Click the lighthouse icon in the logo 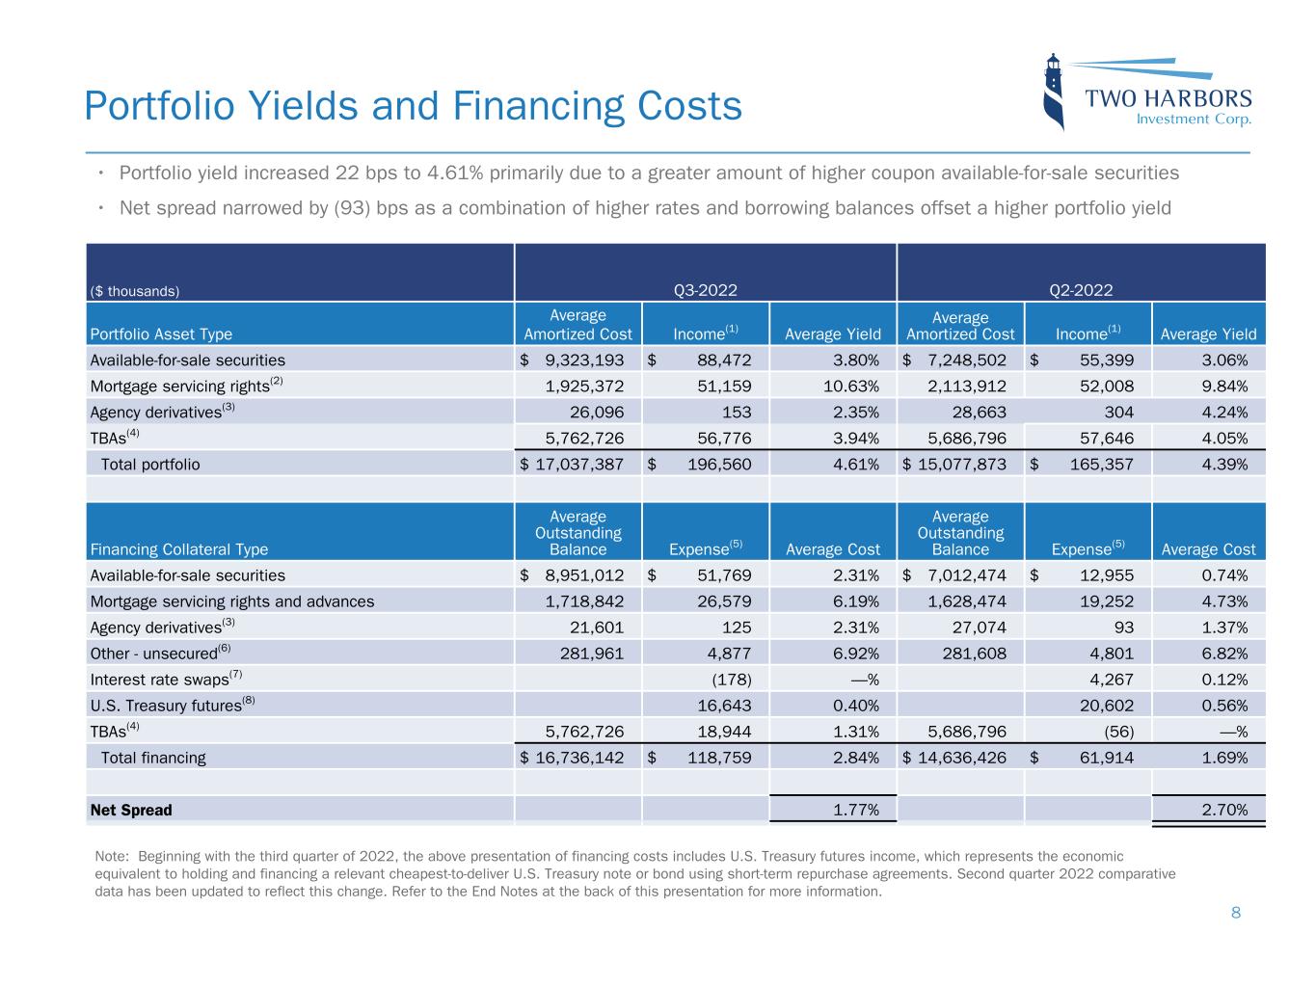pos(1055,92)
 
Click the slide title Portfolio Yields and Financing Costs pos(413,106)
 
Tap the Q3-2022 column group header pos(705,290)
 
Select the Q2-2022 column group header pos(1081,290)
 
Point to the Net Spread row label pos(131,810)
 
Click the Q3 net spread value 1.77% pos(855,810)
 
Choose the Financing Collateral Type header pos(178,549)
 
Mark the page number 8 pos(1236,913)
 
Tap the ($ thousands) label pos(134,291)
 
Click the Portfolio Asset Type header pos(161,334)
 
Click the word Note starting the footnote pos(111,856)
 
